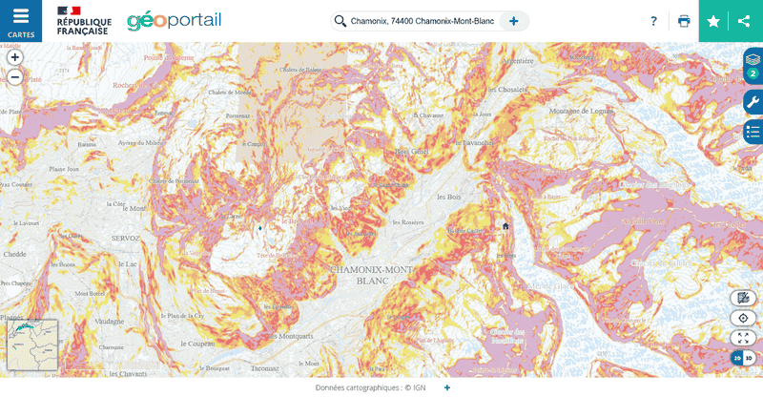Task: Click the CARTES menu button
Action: pyautogui.click(x=21, y=21)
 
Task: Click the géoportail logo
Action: pyautogui.click(x=174, y=20)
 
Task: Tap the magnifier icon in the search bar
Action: pyautogui.click(x=340, y=21)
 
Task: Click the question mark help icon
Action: pyautogui.click(x=653, y=21)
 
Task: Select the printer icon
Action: pyautogui.click(x=684, y=21)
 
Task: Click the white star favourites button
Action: pyautogui.click(x=713, y=21)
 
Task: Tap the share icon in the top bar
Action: pyautogui.click(x=744, y=21)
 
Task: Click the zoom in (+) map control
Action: pyautogui.click(x=14, y=57)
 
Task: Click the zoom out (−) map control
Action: pyautogui.click(x=14, y=77)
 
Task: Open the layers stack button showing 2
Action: pyautogui.click(x=753, y=65)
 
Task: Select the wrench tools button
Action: pyautogui.click(x=753, y=102)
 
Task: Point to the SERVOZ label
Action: pyautogui.click(x=125, y=237)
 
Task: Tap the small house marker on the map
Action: pyautogui.click(x=505, y=226)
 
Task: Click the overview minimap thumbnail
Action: pyautogui.click(x=32, y=345)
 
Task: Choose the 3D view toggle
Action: pyautogui.click(x=749, y=358)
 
